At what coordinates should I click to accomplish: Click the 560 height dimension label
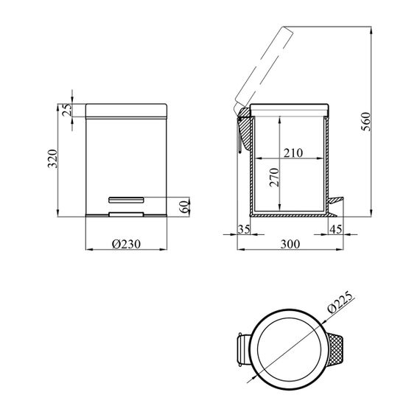point(365,122)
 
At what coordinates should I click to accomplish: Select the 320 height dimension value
point(52,158)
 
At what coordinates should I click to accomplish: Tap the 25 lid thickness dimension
point(67,109)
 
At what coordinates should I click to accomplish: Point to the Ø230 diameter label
point(126,244)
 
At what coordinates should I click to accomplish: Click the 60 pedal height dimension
point(184,206)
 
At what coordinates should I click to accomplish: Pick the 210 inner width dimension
point(293,153)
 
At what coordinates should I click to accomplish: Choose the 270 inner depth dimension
point(275,177)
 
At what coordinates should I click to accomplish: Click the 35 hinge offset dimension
point(244,229)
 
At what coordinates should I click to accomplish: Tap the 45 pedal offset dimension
point(335,229)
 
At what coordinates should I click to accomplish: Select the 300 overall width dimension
point(290,244)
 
